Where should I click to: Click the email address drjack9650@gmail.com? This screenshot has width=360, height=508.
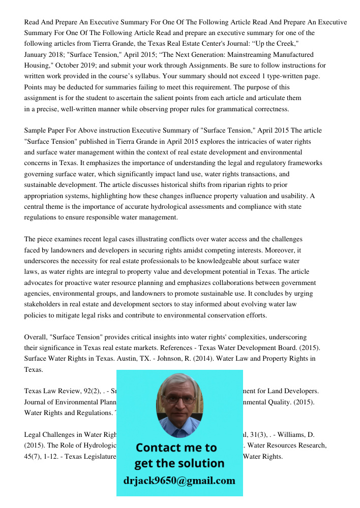179,481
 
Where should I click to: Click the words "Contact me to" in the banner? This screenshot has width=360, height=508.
176,448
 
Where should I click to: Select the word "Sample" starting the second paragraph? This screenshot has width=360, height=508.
36,131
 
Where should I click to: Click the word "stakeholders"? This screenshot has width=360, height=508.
43,304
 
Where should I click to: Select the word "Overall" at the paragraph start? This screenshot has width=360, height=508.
36,337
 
